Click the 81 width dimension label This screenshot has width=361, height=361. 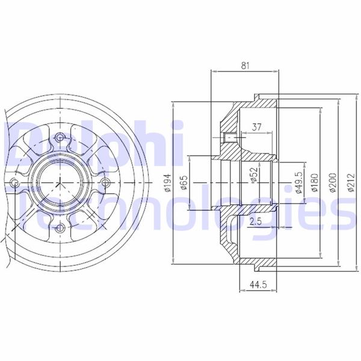(x=245, y=66)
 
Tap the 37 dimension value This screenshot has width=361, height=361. (x=257, y=127)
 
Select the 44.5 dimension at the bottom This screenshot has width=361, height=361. (x=258, y=285)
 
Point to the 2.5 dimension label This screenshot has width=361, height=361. (x=256, y=221)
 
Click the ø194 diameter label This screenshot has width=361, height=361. (x=168, y=182)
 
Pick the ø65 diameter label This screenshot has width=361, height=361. (x=184, y=182)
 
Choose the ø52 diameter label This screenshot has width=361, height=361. (x=254, y=175)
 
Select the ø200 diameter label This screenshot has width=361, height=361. (x=333, y=182)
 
